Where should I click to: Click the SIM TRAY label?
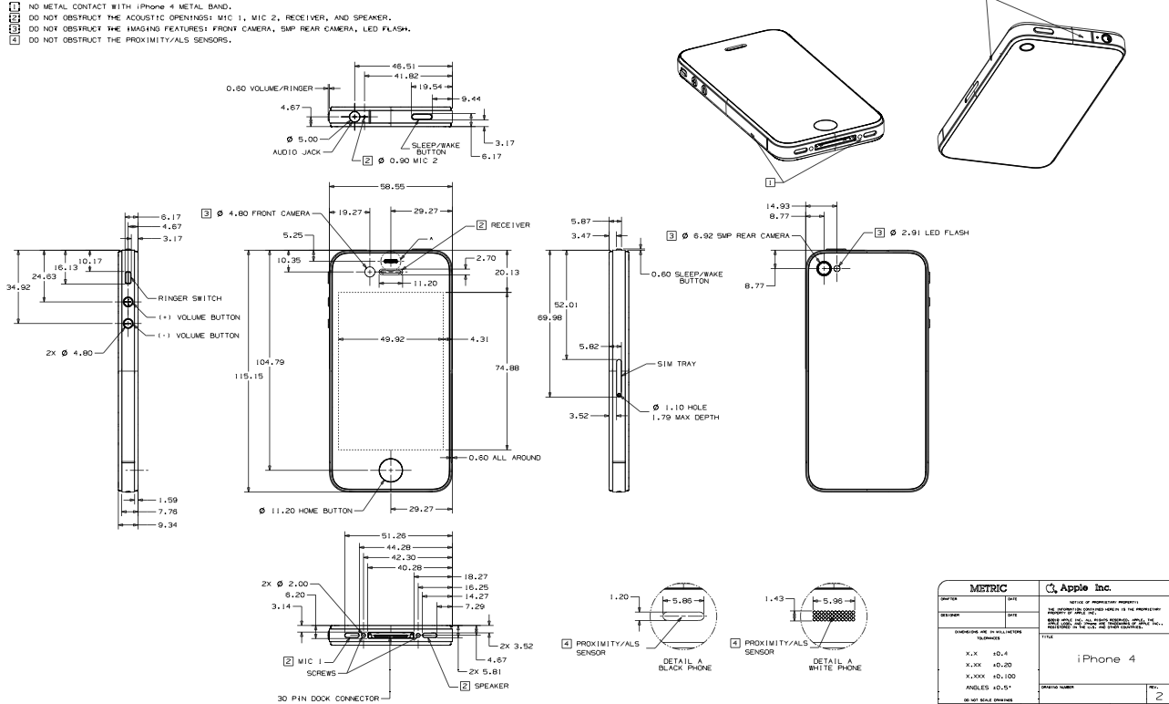676,363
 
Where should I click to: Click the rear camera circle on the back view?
826,268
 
